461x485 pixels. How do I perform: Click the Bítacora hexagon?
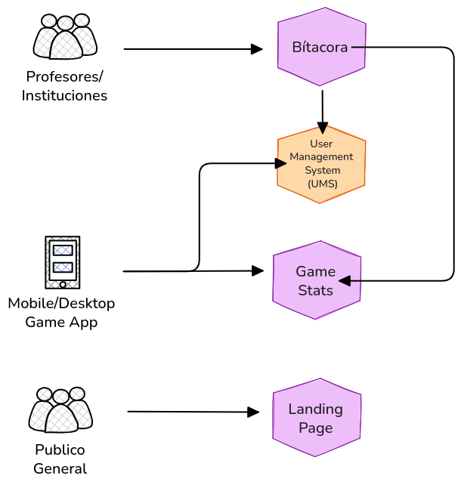coord(321,47)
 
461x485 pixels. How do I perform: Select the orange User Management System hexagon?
coord(321,164)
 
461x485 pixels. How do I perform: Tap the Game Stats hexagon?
coord(316,280)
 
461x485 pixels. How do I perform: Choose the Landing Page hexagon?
coord(316,418)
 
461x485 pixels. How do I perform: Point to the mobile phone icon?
coord(63,261)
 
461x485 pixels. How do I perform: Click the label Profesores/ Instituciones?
coord(64,86)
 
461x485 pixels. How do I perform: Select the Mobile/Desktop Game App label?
coord(61,313)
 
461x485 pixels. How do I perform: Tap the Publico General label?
coord(60,459)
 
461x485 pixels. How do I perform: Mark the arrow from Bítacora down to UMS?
coord(323,112)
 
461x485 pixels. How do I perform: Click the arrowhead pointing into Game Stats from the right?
coord(345,281)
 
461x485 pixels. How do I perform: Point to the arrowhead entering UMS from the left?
coord(281,162)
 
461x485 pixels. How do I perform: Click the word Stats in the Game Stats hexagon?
coord(315,291)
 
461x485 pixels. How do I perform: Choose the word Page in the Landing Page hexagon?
coord(316,428)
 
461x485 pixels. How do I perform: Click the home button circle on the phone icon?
coord(63,284)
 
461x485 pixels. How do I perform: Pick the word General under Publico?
coord(60,469)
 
